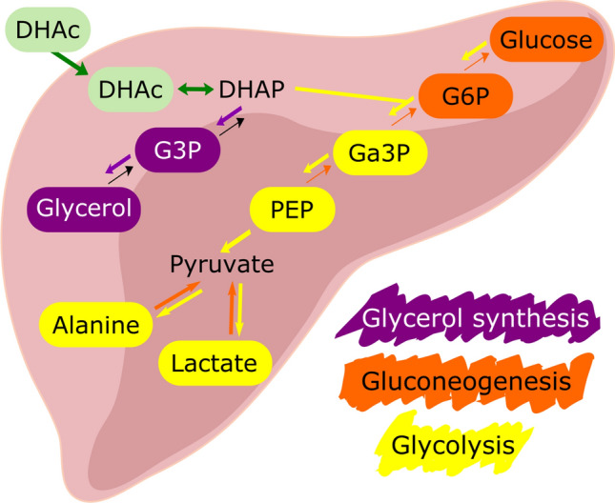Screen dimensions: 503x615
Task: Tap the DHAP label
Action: (251, 90)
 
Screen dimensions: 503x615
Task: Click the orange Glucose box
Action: (547, 41)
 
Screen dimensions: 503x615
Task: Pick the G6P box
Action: (464, 96)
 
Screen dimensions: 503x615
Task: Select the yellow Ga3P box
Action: (379, 151)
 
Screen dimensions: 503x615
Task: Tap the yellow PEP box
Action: (293, 207)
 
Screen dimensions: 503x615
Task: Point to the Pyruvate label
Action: (222, 263)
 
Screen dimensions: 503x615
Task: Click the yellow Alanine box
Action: (96, 325)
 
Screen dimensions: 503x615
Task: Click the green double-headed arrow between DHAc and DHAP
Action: (194, 91)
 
